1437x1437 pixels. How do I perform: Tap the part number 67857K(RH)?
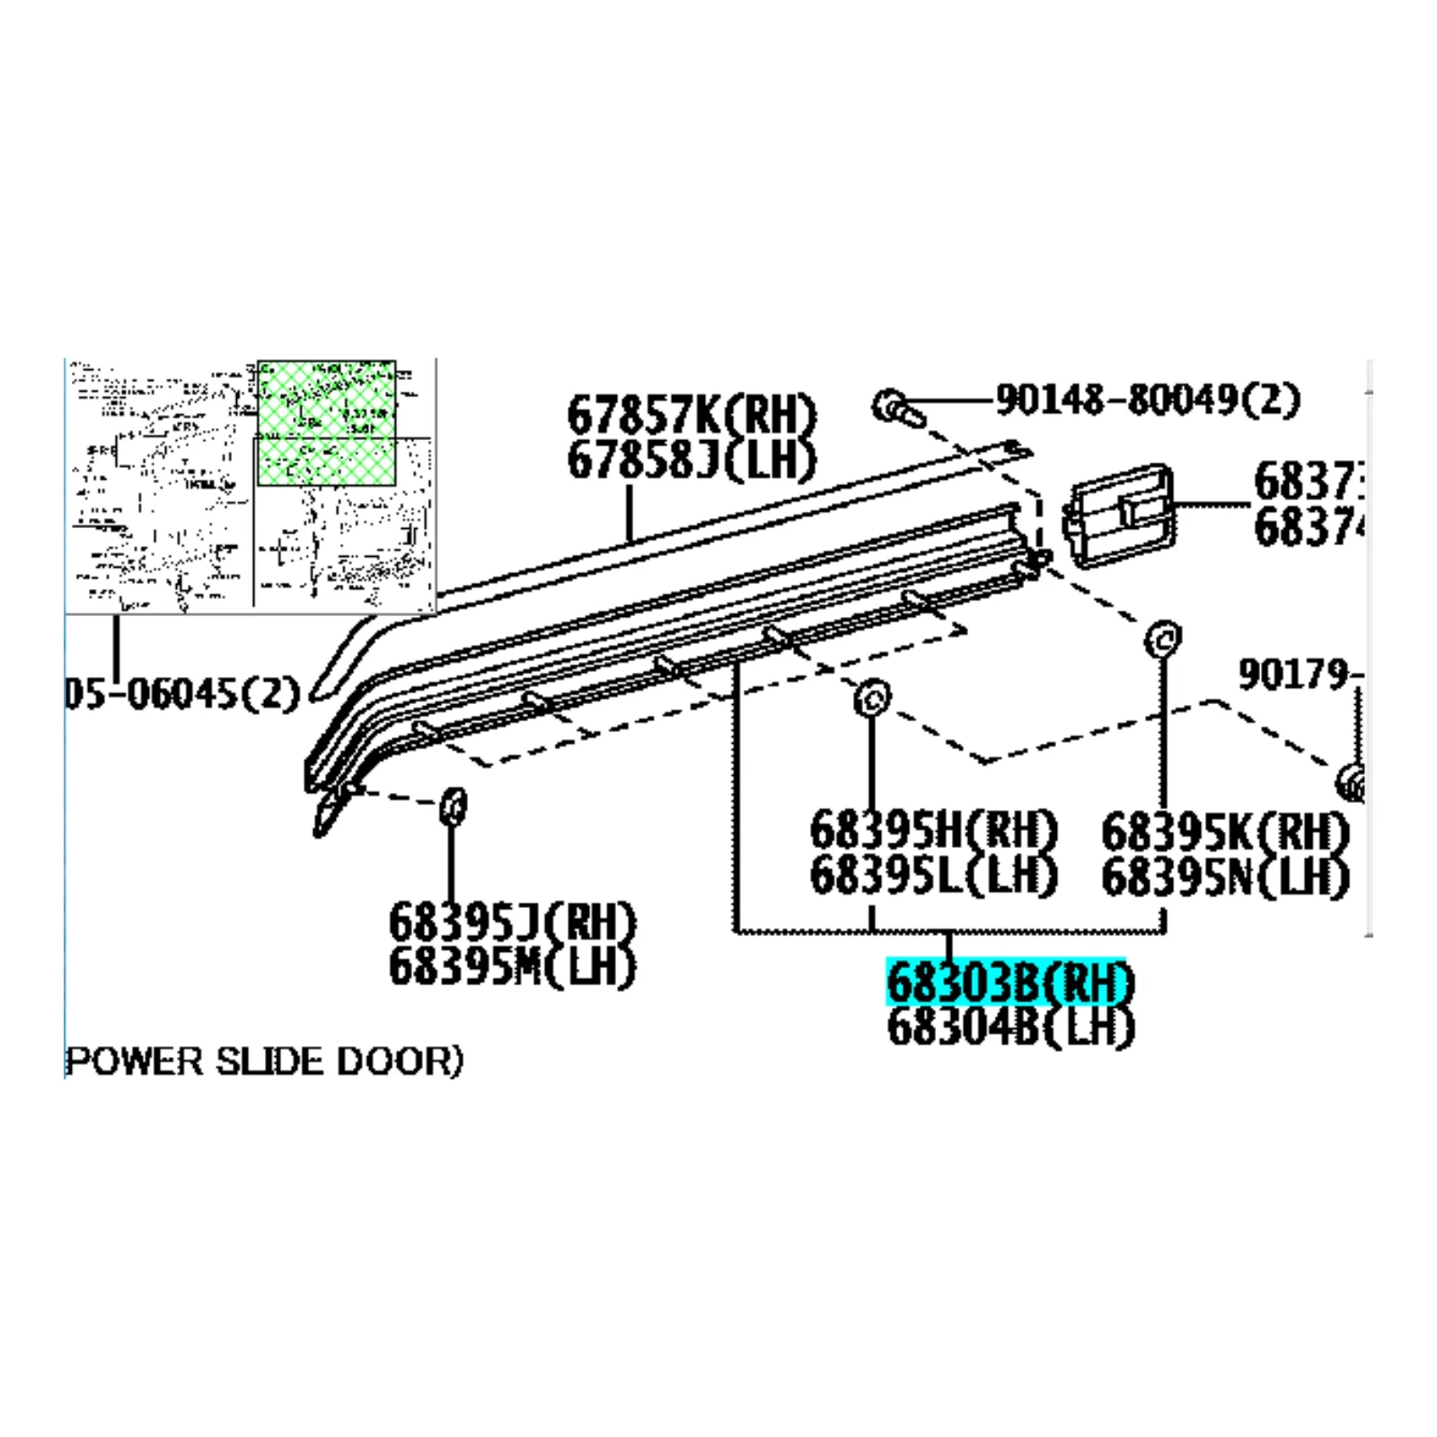[692, 415]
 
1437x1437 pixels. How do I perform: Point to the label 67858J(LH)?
[692, 460]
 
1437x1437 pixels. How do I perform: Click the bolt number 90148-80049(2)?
[1147, 399]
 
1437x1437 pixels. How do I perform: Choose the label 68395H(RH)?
[933, 830]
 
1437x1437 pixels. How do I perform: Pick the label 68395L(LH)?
[933, 875]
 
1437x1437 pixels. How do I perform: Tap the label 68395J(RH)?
[512, 922]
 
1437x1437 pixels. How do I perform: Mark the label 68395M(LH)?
[512, 967]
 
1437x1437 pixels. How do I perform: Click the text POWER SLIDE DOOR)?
[265, 1062]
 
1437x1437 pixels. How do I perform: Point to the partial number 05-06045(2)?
[182, 693]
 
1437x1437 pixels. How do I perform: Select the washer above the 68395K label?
[1162, 639]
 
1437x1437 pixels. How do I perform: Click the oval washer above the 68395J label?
[454, 805]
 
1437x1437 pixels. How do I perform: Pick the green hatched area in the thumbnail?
[326, 423]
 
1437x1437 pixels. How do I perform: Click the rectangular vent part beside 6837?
[1118, 516]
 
